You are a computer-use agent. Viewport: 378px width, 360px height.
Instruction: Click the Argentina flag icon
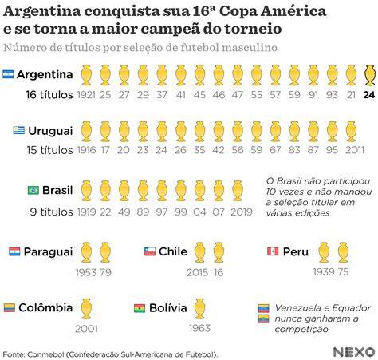point(8,74)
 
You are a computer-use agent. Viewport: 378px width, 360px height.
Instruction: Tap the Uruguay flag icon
point(19,130)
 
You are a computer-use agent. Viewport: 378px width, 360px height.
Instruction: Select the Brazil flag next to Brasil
point(33,190)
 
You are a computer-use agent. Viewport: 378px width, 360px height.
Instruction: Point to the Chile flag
point(150,251)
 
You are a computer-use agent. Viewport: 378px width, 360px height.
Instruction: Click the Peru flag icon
point(273,251)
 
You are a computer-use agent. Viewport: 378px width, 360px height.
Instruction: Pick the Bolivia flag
point(140,308)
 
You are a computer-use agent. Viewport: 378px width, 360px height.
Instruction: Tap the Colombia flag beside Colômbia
point(10,308)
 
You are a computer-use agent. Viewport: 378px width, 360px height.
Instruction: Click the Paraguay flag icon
point(14,251)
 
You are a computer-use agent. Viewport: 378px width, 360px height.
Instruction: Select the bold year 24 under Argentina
point(369,95)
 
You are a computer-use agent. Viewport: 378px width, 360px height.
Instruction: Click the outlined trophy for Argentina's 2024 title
point(370,75)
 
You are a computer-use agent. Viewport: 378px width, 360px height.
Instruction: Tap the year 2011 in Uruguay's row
point(355,150)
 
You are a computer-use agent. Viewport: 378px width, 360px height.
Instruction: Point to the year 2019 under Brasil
point(242,212)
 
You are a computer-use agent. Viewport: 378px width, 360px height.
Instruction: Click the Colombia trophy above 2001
point(86,309)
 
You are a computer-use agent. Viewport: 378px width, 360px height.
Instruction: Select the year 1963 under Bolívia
point(199,328)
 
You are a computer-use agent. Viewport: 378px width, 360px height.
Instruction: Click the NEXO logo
point(354,352)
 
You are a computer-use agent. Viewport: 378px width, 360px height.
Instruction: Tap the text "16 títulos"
point(49,95)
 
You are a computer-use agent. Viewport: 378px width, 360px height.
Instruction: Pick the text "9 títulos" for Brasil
point(52,212)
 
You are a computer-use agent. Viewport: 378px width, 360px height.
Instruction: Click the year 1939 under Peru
point(324,272)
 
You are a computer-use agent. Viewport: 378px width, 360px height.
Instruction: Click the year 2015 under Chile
point(197,272)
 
